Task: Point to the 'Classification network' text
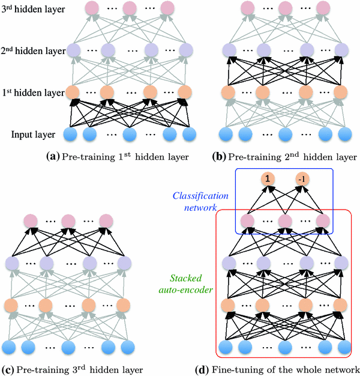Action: pos(200,201)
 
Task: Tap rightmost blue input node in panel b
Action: pos(344,133)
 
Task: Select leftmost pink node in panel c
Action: pos(30,220)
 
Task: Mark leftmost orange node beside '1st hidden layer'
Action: pos(72,92)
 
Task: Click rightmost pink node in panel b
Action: pos(324,8)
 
